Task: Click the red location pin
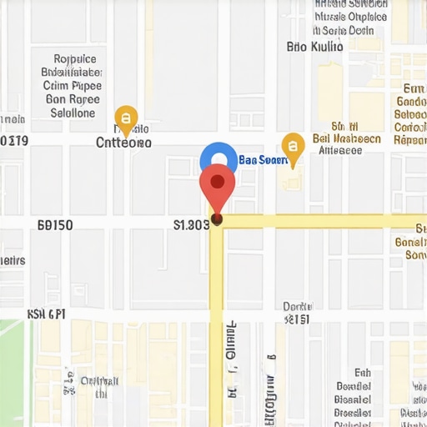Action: coord(217,184)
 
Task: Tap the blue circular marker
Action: coord(219,160)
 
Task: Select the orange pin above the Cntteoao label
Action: coord(125,118)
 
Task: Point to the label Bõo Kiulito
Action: coord(314,47)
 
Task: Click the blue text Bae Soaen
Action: coord(263,159)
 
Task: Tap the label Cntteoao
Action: coord(124,143)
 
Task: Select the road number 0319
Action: coord(14,141)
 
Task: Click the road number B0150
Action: coord(56,225)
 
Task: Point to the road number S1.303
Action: coord(191,224)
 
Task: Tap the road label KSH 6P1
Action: coord(46,314)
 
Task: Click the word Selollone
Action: coord(73,113)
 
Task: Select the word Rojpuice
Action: coord(75,59)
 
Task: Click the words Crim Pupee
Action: coord(73,86)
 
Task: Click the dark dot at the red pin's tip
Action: coord(217,219)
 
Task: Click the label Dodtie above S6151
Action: coord(297,306)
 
